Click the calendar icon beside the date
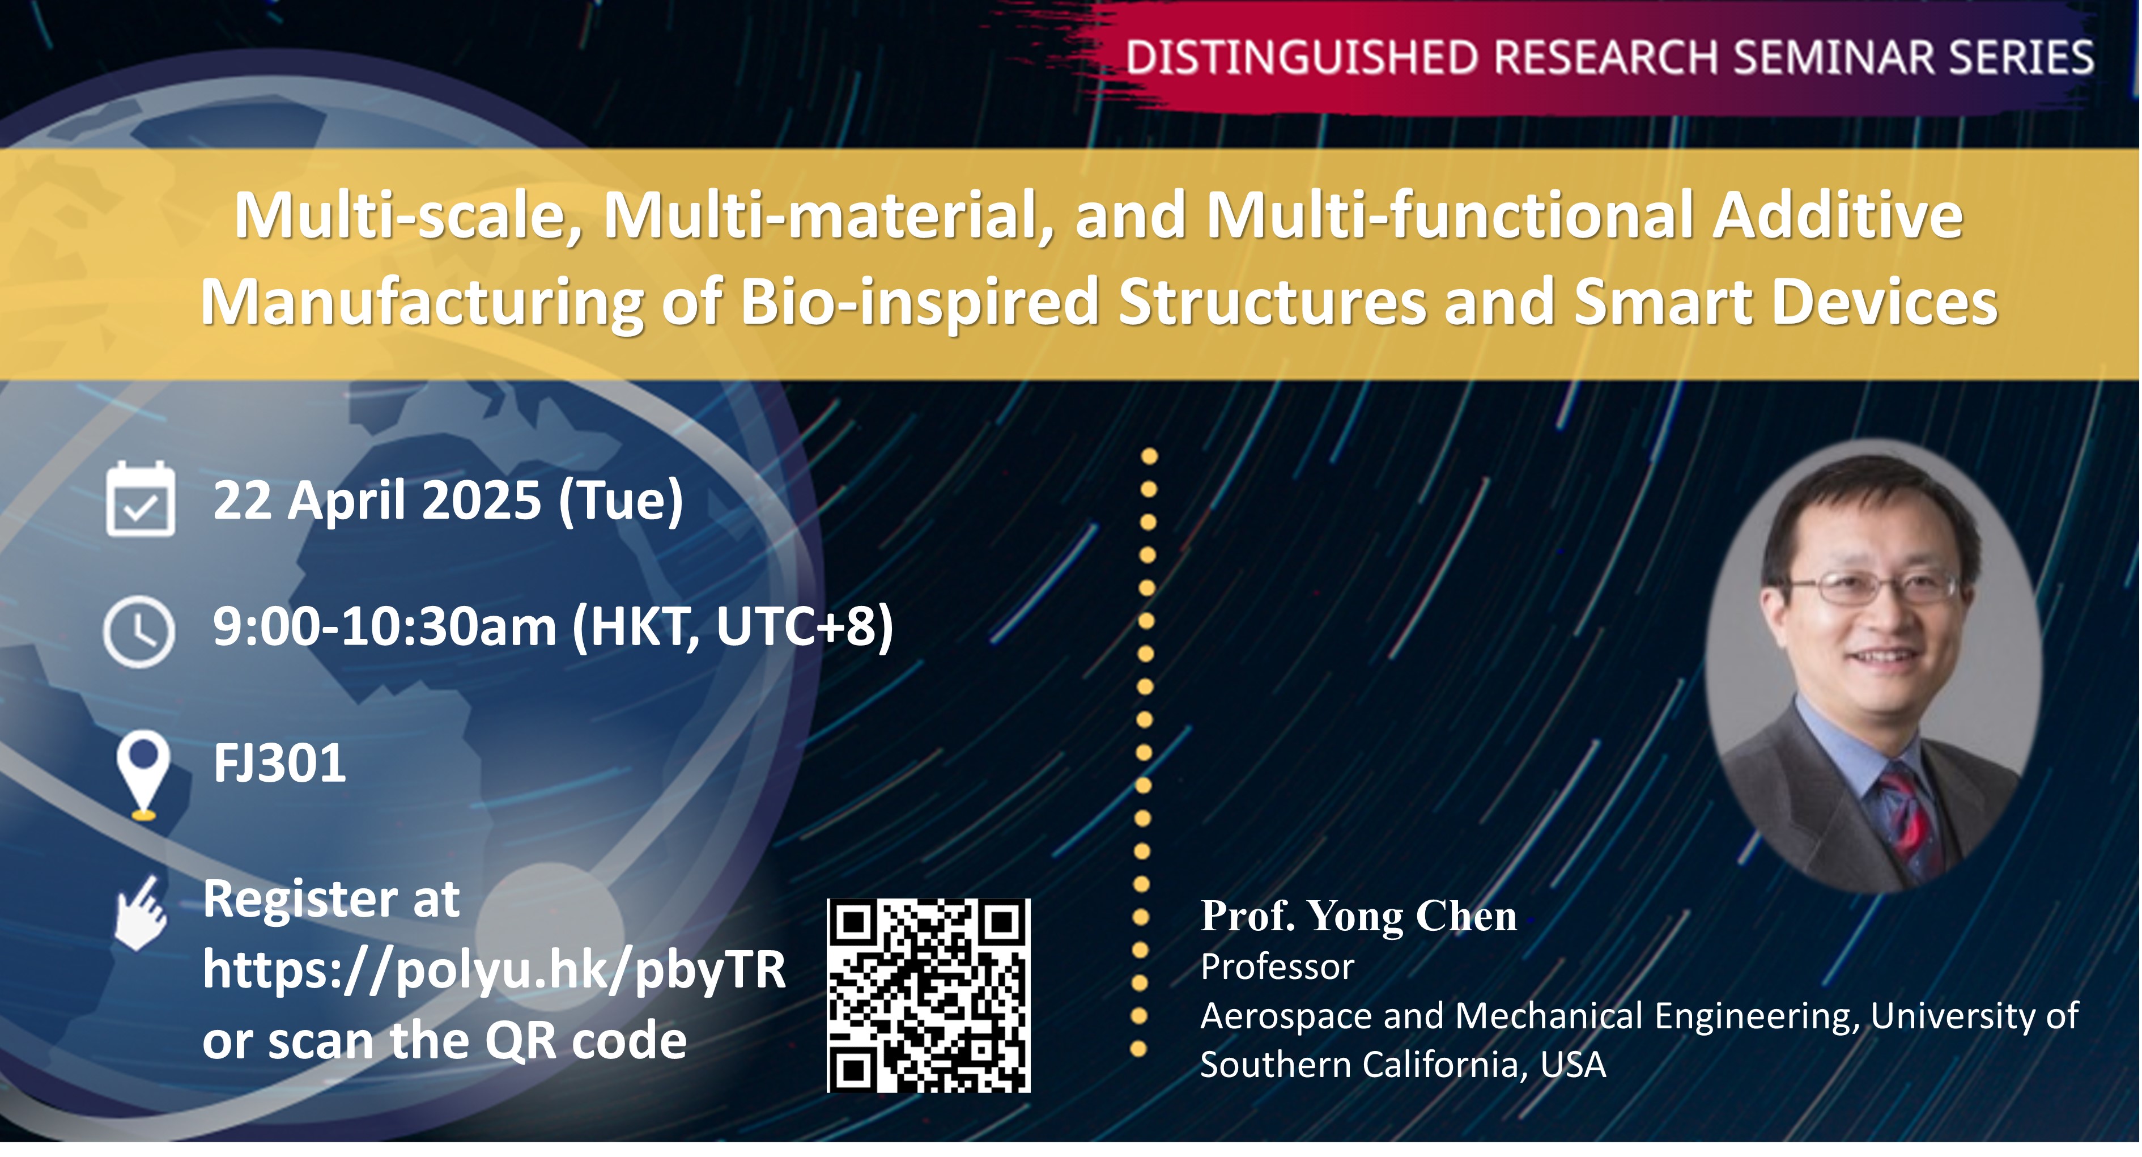(141, 498)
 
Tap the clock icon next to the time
(139, 632)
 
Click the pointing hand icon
(141, 913)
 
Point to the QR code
(929, 995)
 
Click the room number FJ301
(279, 764)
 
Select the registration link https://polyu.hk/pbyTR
(494, 970)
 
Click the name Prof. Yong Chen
(1359, 916)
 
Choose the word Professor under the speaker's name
(1277, 967)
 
